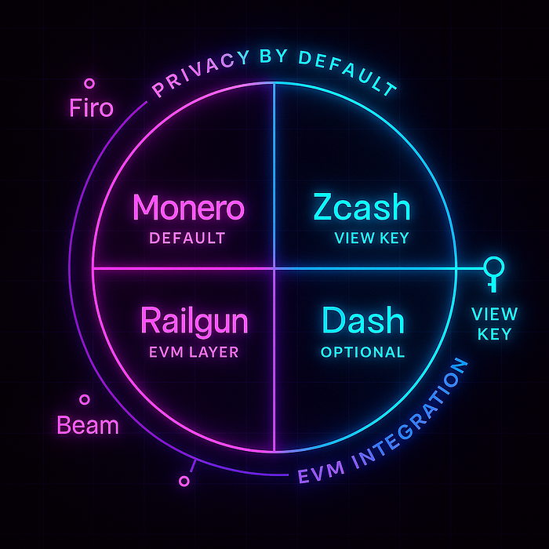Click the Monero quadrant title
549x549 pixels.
click(x=188, y=209)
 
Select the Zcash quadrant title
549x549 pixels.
click(x=362, y=208)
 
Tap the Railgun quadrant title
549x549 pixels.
click(x=195, y=322)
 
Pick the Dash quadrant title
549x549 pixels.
click(x=363, y=322)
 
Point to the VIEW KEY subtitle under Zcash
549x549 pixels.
click(x=371, y=238)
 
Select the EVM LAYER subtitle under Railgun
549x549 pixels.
click(x=194, y=352)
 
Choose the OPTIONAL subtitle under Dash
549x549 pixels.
click(x=363, y=352)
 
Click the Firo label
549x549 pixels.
click(x=91, y=107)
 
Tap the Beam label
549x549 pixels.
click(x=88, y=426)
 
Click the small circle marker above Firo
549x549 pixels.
click(x=89, y=82)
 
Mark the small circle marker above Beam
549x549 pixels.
click(x=84, y=399)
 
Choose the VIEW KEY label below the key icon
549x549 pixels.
click(x=494, y=324)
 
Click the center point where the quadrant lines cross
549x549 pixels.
click(x=274, y=268)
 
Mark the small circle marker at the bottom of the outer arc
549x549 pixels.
click(x=185, y=480)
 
